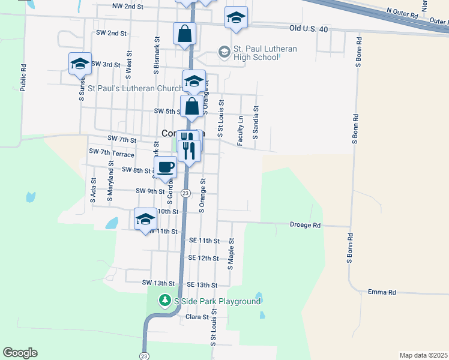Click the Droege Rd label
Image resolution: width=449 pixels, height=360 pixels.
tap(306, 226)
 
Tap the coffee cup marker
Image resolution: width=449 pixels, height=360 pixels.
tap(166, 167)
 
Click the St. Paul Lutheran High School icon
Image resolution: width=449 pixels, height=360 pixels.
tap(224, 52)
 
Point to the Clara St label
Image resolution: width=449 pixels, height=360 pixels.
tap(197, 317)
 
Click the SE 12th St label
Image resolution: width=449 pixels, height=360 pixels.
tap(203, 257)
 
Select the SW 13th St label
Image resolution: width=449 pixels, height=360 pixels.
tap(158, 283)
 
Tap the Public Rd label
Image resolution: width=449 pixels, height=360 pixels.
tap(23, 77)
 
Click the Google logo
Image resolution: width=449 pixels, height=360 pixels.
tap(20, 353)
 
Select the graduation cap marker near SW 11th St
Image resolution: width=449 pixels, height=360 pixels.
tap(145, 219)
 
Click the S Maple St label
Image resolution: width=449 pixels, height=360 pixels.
tap(231, 250)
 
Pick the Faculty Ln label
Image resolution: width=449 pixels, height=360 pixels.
tap(240, 131)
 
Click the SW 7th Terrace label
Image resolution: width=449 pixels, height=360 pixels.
tap(111, 153)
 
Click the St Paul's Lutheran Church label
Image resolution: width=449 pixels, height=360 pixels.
tap(136, 88)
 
